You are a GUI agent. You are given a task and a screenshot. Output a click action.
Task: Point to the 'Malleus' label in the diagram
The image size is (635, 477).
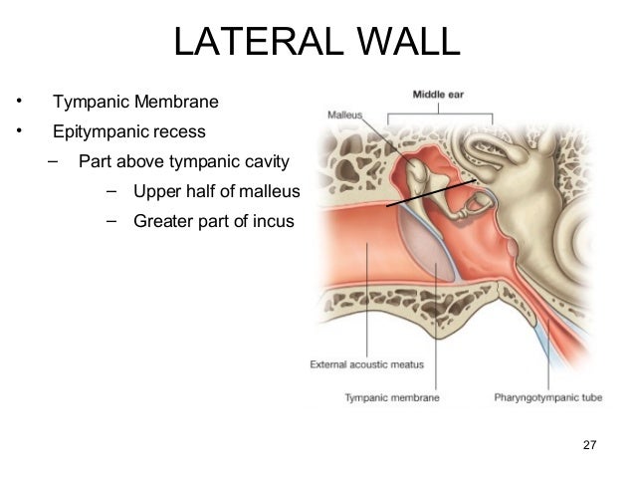[345, 115]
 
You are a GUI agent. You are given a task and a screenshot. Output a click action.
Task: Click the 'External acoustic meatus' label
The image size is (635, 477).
[367, 364]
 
